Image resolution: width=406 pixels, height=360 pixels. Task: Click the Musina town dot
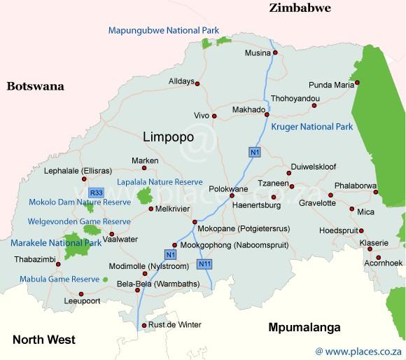(x=275, y=53)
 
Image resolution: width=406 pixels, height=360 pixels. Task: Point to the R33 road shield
(x=96, y=192)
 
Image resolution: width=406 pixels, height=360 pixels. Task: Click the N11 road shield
(x=203, y=264)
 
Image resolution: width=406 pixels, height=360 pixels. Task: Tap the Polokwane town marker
(x=232, y=195)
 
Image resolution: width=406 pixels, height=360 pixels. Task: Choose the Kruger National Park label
(x=311, y=127)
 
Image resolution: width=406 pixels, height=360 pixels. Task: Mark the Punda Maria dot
(x=357, y=83)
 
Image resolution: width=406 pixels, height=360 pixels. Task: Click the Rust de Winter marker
(x=144, y=325)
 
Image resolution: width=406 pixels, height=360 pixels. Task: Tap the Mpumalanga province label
(x=304, y=327)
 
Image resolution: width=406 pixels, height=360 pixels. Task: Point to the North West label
(x=43, y=340)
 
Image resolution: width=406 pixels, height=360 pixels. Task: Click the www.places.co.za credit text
(x=359, y=349)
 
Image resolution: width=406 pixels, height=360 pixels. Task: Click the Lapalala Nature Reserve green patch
(x=146, y=195)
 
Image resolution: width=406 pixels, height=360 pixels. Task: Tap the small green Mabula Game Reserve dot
(x=105, y=279)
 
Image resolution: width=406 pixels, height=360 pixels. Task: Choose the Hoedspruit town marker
(x=362, y=230)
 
